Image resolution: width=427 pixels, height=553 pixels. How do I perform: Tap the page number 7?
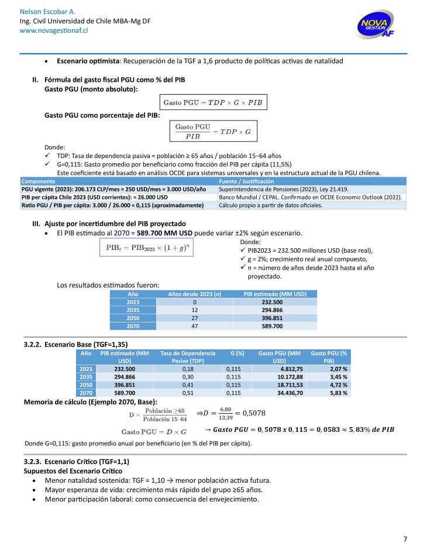405,539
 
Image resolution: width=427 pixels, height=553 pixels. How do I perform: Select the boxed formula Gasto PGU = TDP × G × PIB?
213,102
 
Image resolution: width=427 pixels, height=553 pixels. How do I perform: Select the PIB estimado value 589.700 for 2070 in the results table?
275,326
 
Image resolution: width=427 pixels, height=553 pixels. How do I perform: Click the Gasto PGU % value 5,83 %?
337,394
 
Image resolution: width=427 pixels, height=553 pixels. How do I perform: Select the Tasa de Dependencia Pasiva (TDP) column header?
188,357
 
